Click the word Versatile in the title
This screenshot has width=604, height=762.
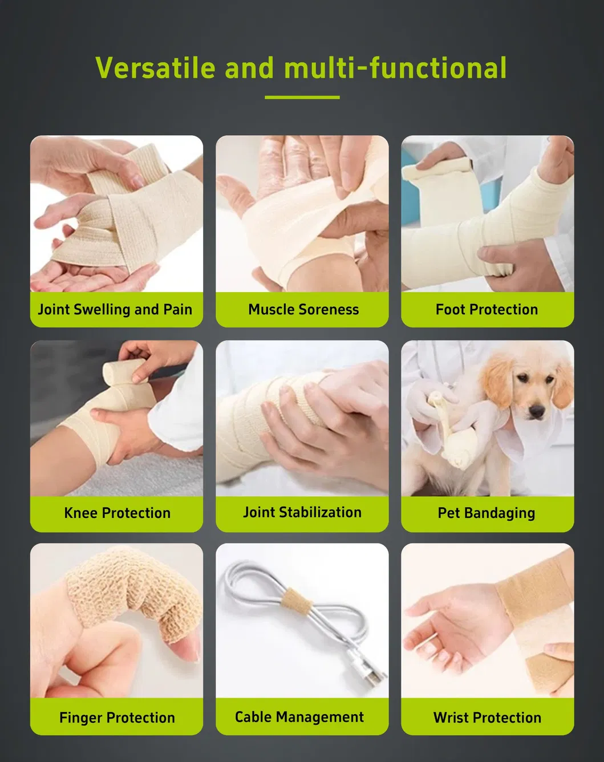pyautogui.click(x=156, y=68)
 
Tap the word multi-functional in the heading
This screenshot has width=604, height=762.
pyautogui.click(x=395, y=68)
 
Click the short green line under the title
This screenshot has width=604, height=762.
pyautogui.click(x=302, y=97)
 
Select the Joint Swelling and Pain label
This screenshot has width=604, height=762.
pyautogui.click(x=115, y=310)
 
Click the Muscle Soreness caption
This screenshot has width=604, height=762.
pyautogui.click(x=303, y=310)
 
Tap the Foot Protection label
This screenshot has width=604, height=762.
pyautogui.click(x=487, y=310)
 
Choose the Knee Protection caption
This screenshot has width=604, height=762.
pyautogui.click(x=117, y=513)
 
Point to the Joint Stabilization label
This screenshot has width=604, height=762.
pyautogui.click(x=302, y=512)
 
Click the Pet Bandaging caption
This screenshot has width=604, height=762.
pyautogui.click(x=487, y=513)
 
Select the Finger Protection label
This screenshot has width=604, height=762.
pyautogui.click(x=117, y=718)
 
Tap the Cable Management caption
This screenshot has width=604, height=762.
pyautogui.click(x=299, y=717)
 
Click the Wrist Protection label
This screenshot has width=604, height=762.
pyautogui.click(x=487, y=718)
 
